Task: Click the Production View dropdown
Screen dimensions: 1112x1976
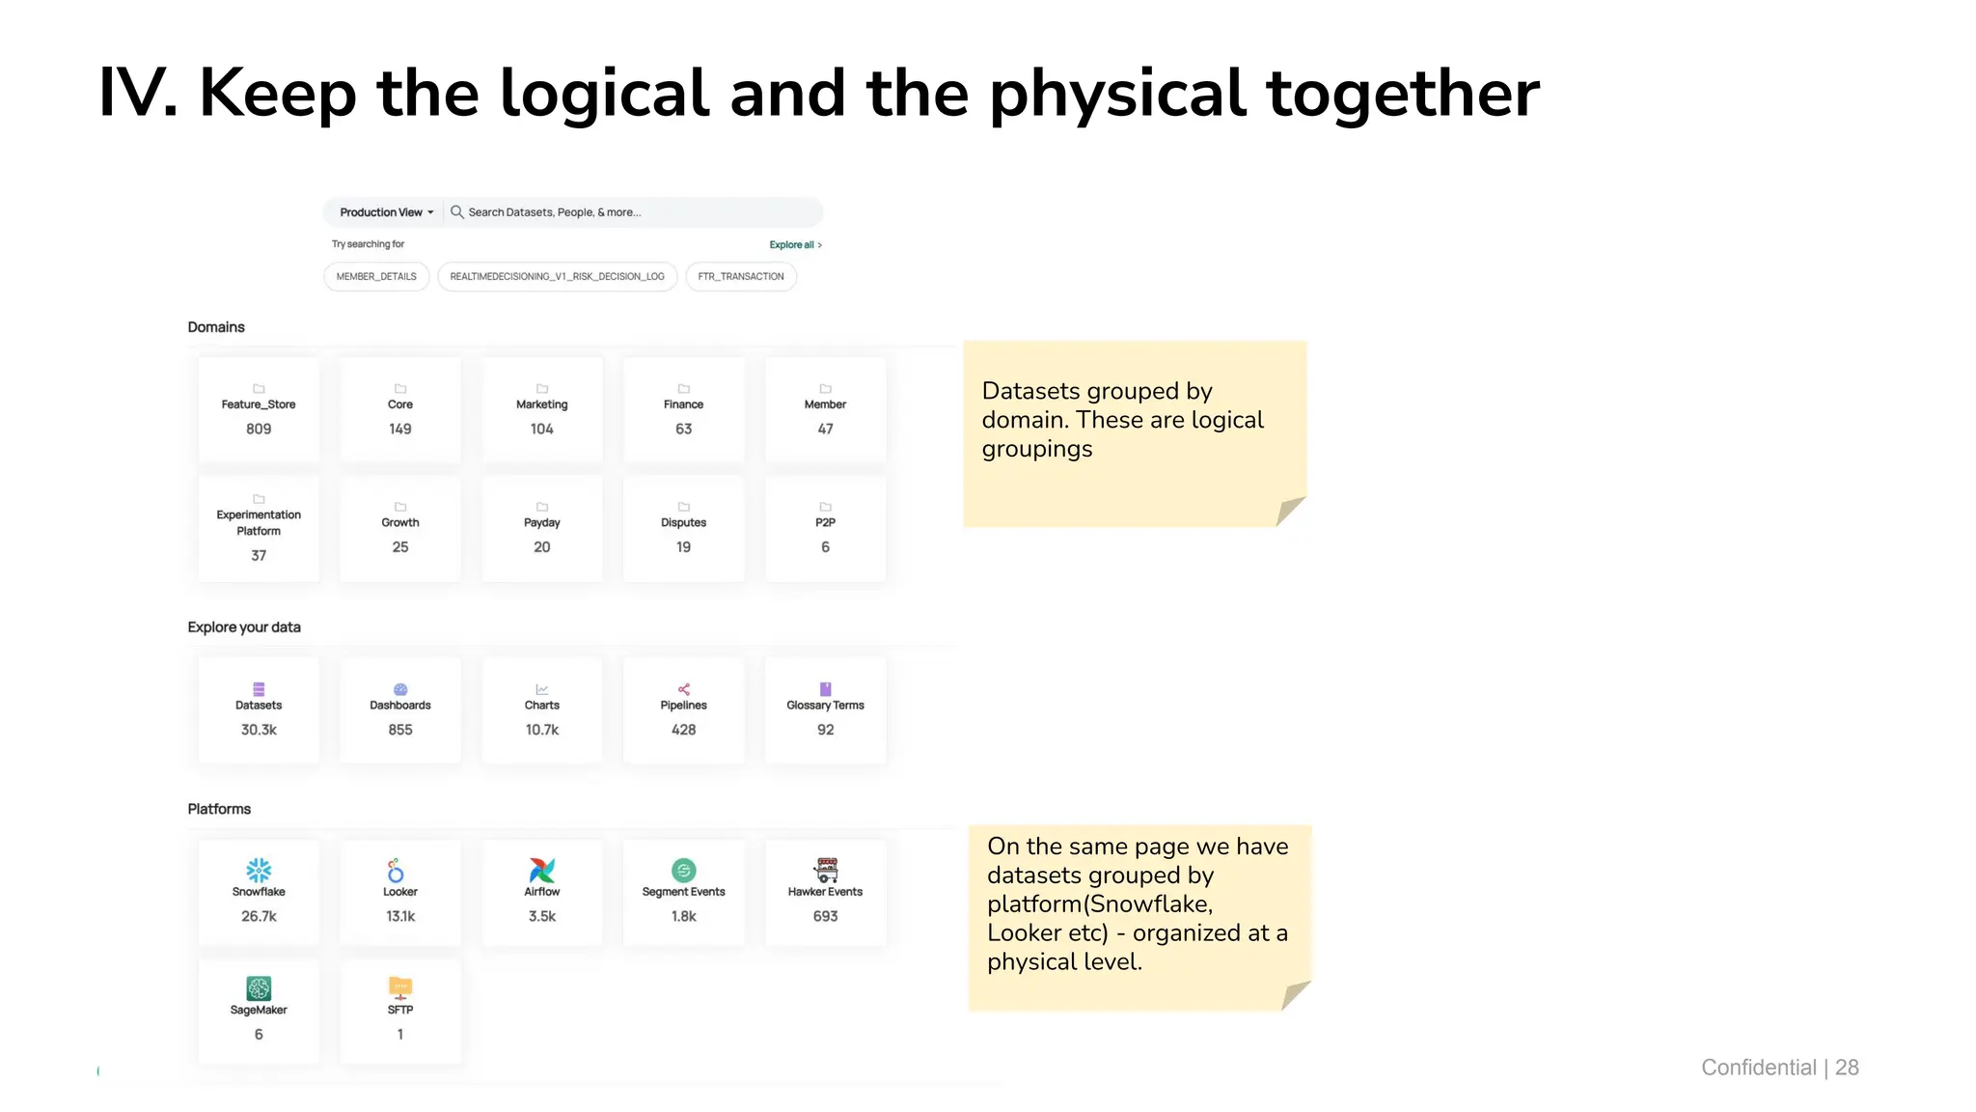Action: pos(386,212)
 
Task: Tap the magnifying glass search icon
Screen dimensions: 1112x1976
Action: pos(457,212)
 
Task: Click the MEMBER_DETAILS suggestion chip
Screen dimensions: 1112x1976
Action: pos(376,277)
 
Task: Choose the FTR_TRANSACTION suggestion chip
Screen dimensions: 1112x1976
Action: pos(741,277)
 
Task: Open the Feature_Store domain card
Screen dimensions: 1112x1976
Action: pos(259,410)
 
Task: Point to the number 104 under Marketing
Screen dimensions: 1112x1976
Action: pos(542,430)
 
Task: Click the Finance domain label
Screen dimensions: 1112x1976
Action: pos(683,404)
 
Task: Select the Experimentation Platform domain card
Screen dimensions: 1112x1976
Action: pos(259,528)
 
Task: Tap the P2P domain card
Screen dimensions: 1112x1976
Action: pos(825,528)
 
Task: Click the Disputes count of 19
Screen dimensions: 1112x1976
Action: pos(683,547)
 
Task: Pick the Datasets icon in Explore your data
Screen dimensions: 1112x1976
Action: pos(259,689)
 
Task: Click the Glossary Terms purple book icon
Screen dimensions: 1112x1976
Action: pos(825,689)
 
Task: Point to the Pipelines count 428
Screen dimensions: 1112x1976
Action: pos(683,730)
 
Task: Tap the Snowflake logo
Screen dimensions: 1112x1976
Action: pos(259,870)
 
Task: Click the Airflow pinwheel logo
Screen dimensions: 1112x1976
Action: pos(542,870)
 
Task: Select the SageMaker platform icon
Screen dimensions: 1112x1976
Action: pos(259,987)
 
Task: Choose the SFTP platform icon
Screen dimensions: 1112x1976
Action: pos(400,987)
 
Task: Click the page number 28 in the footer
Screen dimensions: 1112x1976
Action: pos(1847,1068)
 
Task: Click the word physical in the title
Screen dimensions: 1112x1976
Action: pos(1117,95)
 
